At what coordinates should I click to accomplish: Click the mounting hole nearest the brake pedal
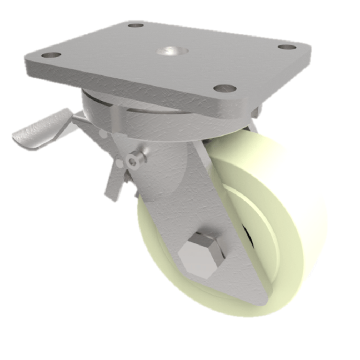click(51, 55)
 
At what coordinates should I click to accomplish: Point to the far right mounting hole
click(287, 47)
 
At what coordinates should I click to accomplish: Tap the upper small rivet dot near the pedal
click(101, 135)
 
